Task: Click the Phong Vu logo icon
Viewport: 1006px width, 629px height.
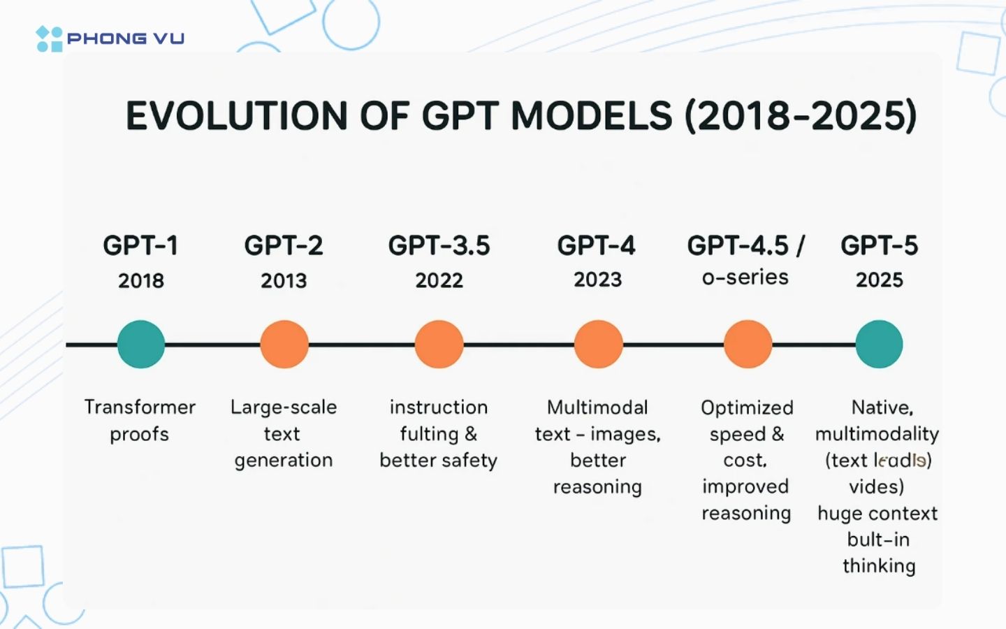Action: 49,39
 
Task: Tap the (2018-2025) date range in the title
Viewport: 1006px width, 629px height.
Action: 801,116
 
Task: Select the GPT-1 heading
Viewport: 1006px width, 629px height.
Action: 140,246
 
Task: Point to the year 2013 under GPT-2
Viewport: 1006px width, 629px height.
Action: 284,281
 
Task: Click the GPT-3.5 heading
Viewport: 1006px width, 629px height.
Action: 439,246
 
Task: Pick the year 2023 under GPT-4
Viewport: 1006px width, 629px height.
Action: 597,280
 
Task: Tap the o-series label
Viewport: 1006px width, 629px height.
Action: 745,277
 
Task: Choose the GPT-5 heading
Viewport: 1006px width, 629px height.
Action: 879,246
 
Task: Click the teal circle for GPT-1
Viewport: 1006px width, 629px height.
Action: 141,345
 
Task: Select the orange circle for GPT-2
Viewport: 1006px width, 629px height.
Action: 284,345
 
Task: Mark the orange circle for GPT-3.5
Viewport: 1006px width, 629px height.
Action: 439,345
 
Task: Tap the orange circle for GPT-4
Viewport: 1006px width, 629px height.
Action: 598,345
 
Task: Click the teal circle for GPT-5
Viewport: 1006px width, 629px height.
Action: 879,345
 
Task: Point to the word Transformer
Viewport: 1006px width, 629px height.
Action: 140,407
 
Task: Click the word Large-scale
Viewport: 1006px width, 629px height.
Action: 284,407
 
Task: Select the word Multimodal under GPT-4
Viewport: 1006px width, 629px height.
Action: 597,407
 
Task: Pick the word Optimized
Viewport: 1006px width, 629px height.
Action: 747,407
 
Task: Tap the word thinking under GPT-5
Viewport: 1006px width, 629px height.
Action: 879,565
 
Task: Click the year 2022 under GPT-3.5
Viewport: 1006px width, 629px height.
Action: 439,281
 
